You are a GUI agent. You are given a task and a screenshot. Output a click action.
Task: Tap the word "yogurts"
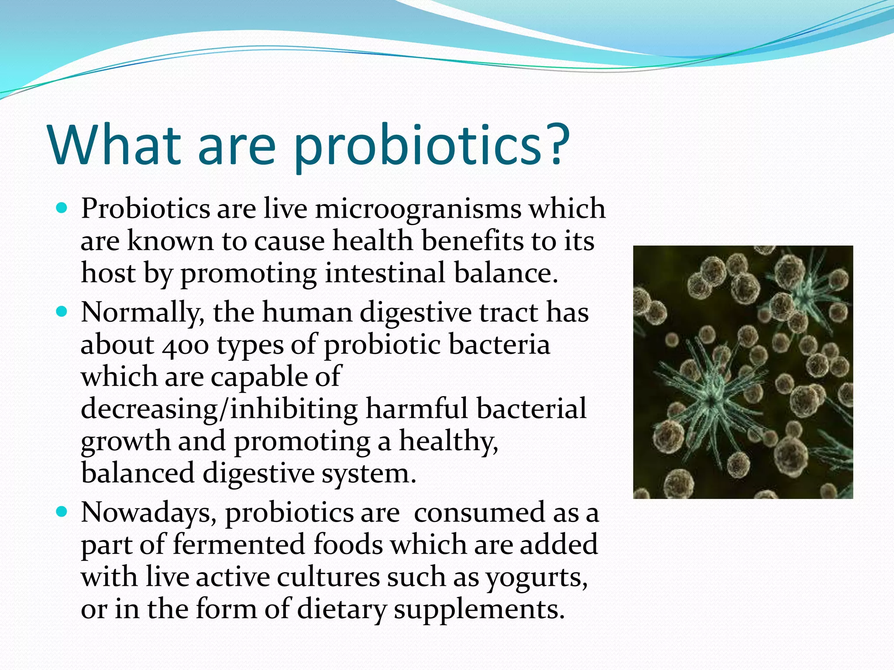(x=536, y=578)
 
